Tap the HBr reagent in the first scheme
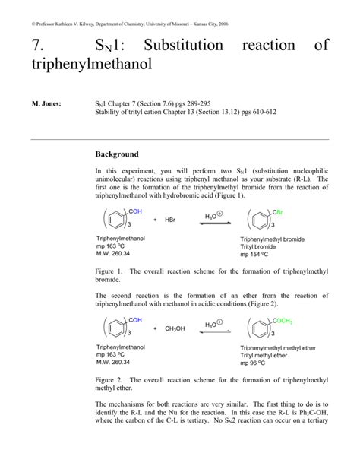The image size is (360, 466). (171, 219)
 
